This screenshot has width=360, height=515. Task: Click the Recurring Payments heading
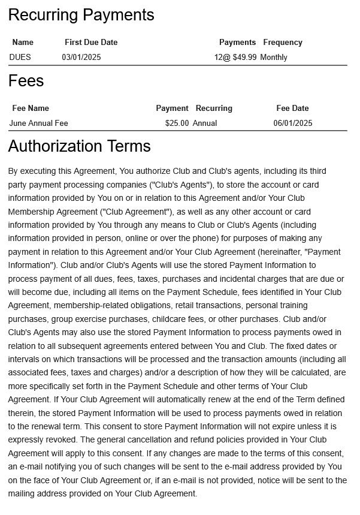(81, 15)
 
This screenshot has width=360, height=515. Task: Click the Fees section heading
(26, 81)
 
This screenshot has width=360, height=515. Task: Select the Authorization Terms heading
(79, 146)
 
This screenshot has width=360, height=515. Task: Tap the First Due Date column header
(91, 43)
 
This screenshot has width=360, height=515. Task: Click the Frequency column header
(283, 43)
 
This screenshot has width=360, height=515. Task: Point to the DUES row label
(20, 58)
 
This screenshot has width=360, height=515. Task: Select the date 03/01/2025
(81, 58)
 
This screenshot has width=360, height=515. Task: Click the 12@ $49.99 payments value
(235, 58)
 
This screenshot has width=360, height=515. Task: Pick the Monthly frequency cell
(274, 58)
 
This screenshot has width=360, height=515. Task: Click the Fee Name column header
(31, 109)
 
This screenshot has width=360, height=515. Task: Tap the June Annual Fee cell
(39, 124)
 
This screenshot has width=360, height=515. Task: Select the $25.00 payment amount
(177, 124)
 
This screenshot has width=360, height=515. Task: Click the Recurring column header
(214, 109)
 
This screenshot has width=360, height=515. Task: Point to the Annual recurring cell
(205, 124)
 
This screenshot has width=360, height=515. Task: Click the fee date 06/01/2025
(293, 124)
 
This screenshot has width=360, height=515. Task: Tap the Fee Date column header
(292, 109)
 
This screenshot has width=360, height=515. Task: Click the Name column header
(23, 43)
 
